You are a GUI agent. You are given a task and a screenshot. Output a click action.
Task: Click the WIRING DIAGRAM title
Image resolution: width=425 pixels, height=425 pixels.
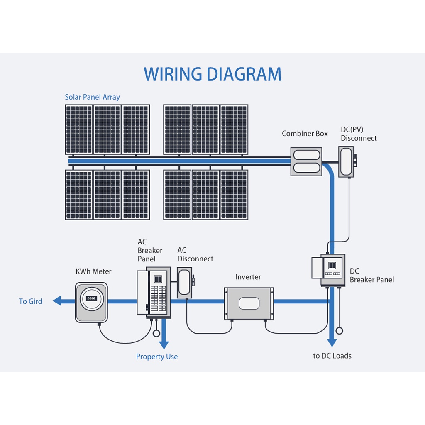212,74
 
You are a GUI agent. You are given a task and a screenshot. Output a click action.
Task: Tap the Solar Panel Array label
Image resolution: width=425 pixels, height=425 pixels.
92,97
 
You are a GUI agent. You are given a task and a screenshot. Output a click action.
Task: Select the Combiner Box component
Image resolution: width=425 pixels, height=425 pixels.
306,162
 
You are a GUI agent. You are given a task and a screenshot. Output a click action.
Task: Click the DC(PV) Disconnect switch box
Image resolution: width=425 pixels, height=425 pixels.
347,162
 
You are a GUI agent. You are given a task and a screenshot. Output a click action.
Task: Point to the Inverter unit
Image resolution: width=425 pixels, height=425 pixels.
249,303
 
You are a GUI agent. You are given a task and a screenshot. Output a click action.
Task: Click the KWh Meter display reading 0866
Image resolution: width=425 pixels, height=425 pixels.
91,298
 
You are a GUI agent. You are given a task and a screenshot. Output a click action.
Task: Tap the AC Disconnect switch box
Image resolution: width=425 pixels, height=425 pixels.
185,283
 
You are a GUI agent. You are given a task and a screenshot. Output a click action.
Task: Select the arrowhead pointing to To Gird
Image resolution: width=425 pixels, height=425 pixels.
57,300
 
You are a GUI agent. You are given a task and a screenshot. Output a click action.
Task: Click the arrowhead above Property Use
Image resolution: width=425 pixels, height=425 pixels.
164,345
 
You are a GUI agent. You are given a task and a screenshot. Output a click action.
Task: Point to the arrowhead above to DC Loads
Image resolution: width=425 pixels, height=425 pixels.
332,342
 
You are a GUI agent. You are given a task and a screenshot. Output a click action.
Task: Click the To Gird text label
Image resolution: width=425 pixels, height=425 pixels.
30,301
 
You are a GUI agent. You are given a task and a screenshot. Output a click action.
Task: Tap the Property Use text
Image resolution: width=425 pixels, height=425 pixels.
157,357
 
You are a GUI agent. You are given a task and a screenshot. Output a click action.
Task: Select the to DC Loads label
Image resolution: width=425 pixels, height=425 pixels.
332,356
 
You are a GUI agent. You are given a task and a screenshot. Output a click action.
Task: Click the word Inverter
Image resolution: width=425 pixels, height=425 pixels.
248,277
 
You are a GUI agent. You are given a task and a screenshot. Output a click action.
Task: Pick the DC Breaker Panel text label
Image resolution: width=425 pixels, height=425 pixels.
372,276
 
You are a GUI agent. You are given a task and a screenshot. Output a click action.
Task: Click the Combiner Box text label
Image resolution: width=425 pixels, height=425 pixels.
305,133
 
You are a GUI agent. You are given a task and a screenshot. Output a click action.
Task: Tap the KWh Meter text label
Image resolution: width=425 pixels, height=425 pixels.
93,271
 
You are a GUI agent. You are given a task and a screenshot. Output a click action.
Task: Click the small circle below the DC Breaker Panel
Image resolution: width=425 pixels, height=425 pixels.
339,331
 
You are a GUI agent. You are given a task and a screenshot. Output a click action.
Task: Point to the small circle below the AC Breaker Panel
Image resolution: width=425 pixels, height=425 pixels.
156,333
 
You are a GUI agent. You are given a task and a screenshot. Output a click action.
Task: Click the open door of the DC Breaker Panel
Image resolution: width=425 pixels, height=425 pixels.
317,268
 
